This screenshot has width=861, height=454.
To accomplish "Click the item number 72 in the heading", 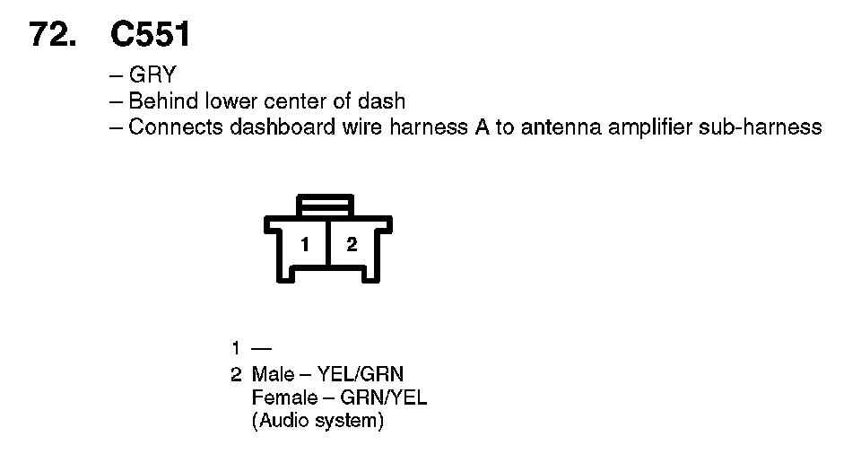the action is tap(53, 35).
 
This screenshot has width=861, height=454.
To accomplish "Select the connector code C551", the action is tap(150, 35).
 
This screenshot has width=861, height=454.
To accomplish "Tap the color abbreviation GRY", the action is tap(152, 75).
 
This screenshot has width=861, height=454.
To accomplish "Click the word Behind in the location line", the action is tap(164, 100).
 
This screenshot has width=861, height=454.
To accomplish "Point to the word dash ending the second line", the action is tap(385, 100).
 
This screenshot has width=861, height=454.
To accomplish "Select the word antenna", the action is tap(561, 127).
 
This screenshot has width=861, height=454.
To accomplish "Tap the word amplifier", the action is tap(651, 127).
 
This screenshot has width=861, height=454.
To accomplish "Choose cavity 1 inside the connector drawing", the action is tap(306, 244).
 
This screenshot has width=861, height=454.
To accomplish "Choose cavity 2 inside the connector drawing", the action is tap(352, 244).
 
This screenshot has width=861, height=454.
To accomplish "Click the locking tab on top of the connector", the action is tap(327, 205).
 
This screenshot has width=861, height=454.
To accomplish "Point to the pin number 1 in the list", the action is tap(235, 348).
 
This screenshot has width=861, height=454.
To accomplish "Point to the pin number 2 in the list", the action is tap(236, 373).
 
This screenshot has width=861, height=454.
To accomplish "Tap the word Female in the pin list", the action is tap(283, 397).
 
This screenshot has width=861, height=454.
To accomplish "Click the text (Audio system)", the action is tap(317, 421).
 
